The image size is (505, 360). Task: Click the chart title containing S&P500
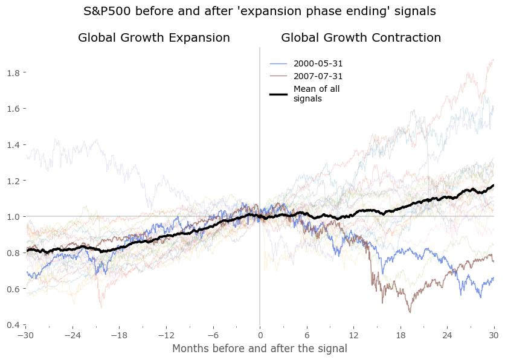259,11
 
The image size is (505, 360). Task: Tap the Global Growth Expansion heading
154,37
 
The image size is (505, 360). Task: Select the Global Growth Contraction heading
361,37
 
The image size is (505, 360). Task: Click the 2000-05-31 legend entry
318,63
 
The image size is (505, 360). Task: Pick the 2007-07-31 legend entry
318,76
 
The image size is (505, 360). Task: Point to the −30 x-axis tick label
25,335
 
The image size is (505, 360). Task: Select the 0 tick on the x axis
260,335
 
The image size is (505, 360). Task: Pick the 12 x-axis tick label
353,335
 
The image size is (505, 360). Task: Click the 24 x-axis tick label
447,335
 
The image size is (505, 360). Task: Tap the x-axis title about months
260,349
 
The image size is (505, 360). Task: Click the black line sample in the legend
278,94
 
